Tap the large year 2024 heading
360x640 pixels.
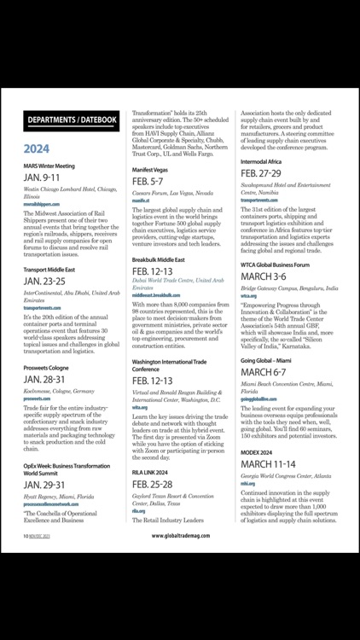point(40,147)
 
